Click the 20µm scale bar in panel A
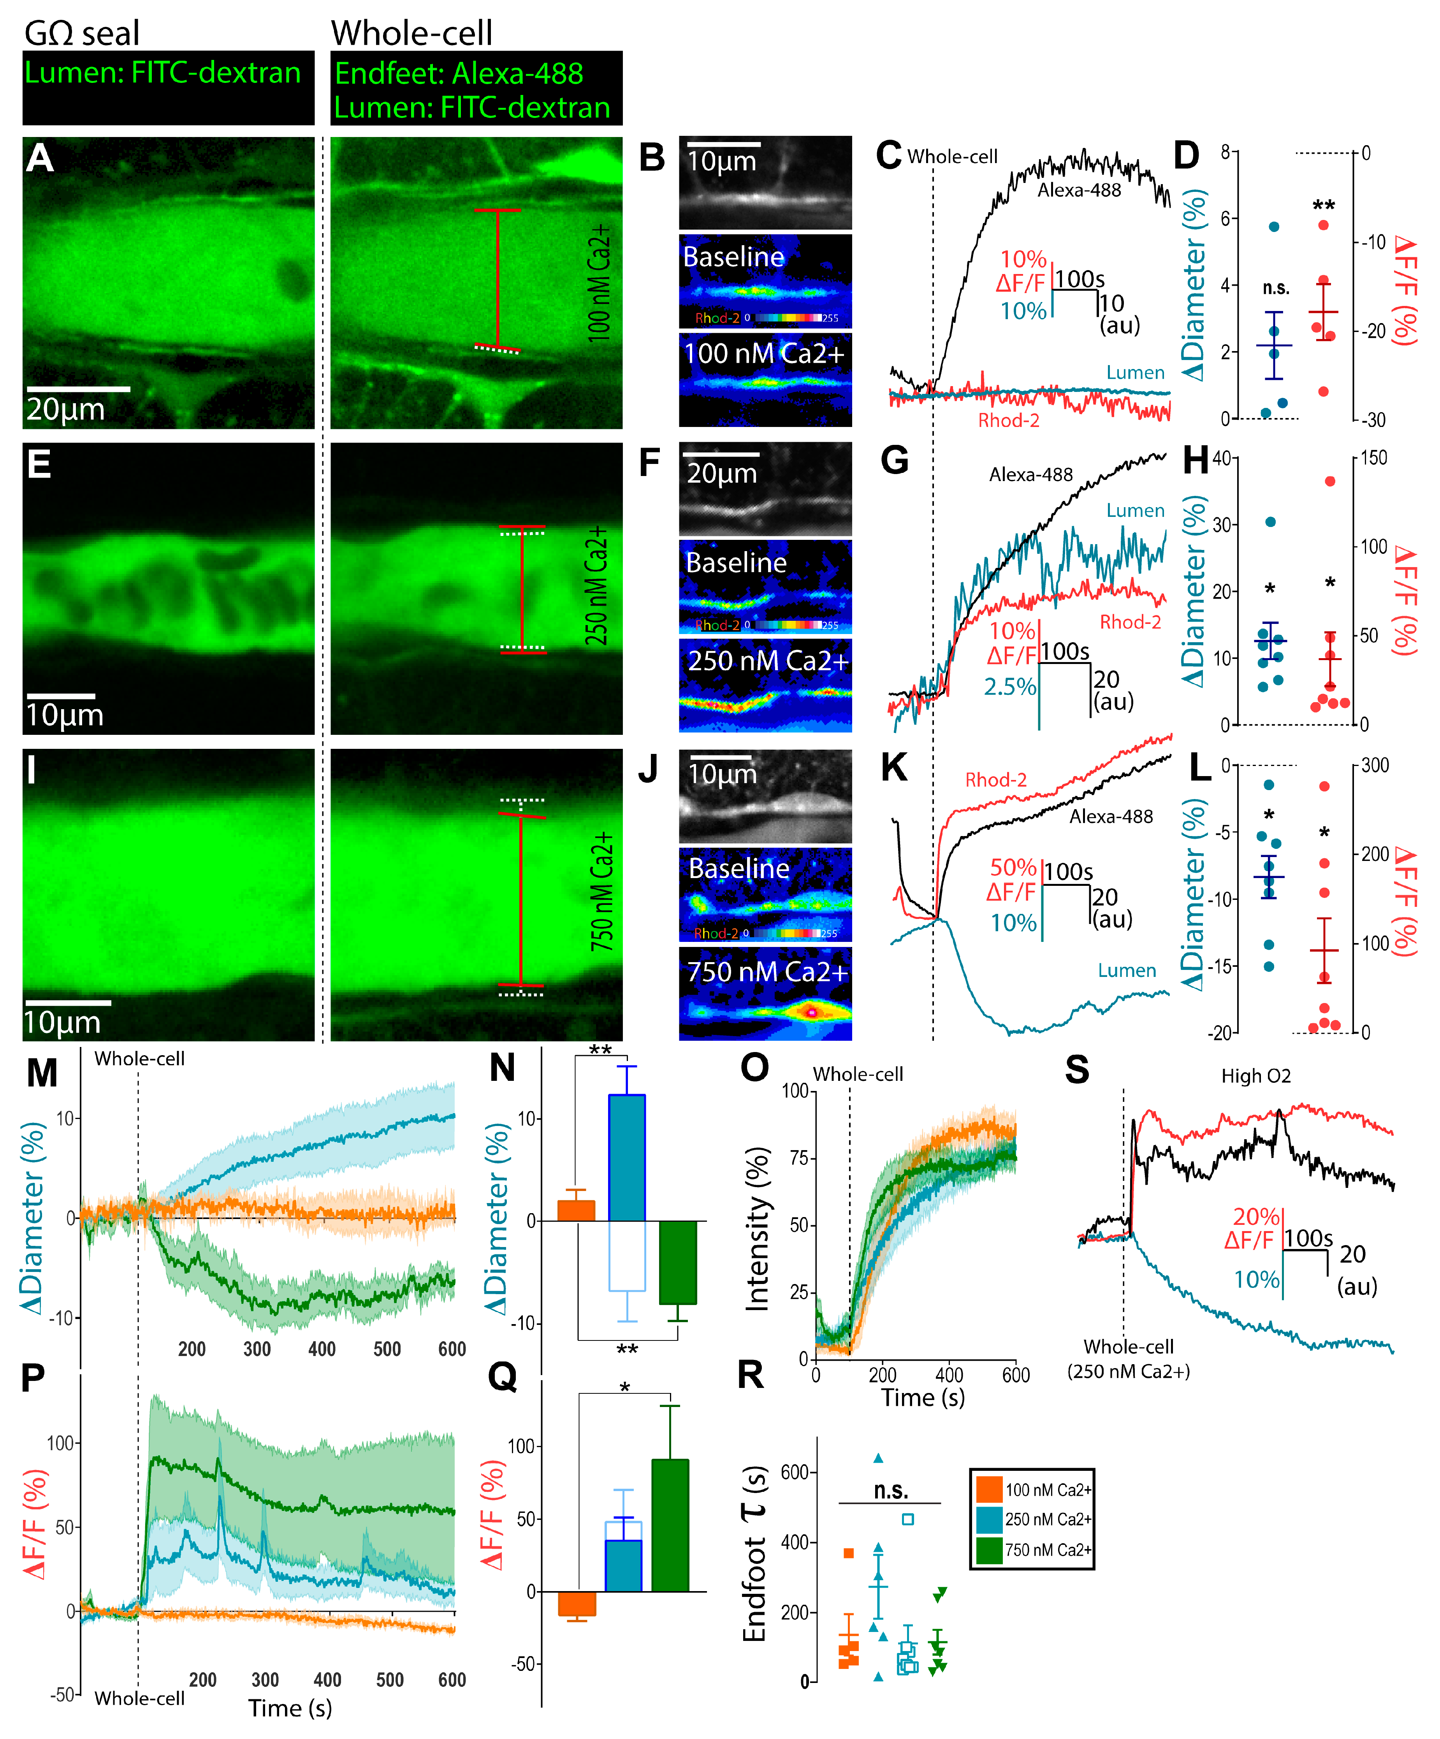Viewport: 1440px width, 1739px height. [78, 388]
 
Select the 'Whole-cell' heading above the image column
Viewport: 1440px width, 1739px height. [411, 33]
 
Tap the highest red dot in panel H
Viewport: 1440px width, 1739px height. [1330, 481]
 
